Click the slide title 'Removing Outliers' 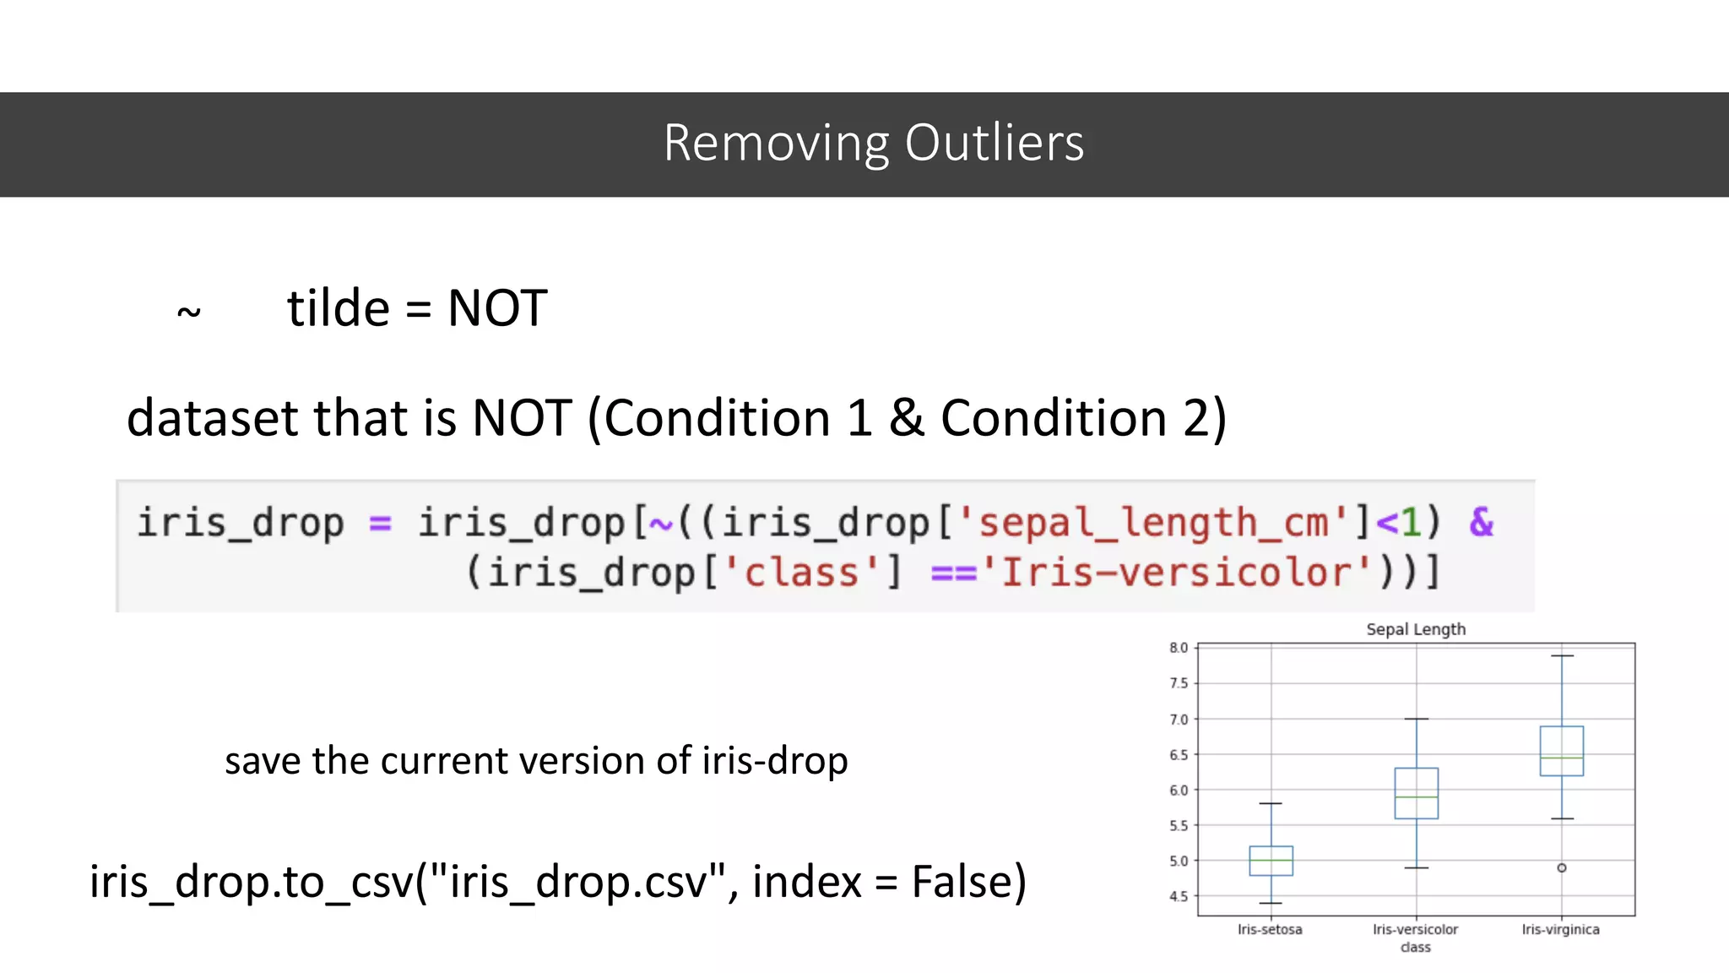click(x=873, y=143)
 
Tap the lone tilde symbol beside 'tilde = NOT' click(x=189, y=313)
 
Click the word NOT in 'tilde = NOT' click(x=497, y=308)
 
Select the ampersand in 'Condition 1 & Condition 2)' click(x=906, y=418)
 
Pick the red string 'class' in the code click(x=801, y=573)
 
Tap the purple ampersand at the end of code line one click(x=1481, y=522)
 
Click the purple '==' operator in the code click(x=952, y=573)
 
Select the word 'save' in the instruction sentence click(x=263, y=761)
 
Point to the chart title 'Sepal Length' click(x=1416, y=629)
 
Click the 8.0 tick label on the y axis click(x=1178, y=648)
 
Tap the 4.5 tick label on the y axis click(x=1178, y=896)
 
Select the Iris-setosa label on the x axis click(x=1270, y=929)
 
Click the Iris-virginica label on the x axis click(x=1560, y=929)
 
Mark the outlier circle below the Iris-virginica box click(x=1562, y=867)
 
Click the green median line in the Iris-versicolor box click(x=1416, y=796)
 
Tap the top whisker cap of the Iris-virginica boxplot click(x=1562, y=655)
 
